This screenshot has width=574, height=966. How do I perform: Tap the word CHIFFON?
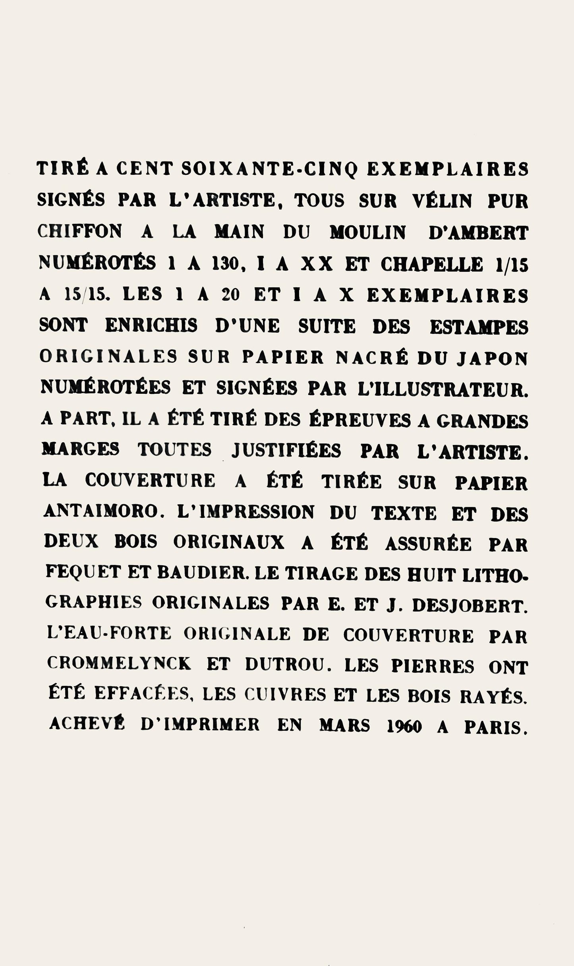point(79,232)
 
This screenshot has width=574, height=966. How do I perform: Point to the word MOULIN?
point(368,233)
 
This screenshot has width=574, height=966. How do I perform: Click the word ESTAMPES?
point(479,327)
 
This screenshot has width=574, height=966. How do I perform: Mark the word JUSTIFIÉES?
point(286,451)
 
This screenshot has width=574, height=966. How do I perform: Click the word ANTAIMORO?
point(101,512)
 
